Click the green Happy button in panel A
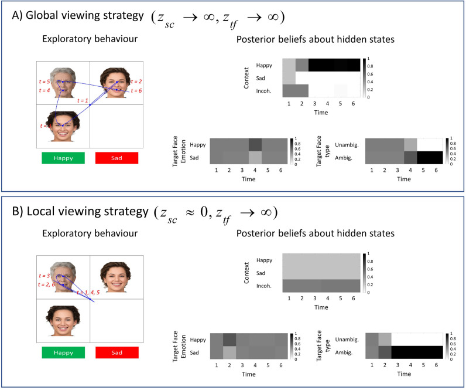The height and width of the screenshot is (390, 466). click(x=63, y=158)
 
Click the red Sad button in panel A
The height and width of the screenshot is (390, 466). click(x=116, y=158)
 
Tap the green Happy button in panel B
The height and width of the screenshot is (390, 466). click(x=63, y=352)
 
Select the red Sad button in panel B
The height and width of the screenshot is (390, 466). click(x=116, y=352)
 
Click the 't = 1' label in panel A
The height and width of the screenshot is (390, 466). click(x=83, y=101)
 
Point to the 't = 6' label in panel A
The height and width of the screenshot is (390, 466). click(x=136, y=91)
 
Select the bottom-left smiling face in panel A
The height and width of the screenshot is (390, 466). click(x=63, y=125)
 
